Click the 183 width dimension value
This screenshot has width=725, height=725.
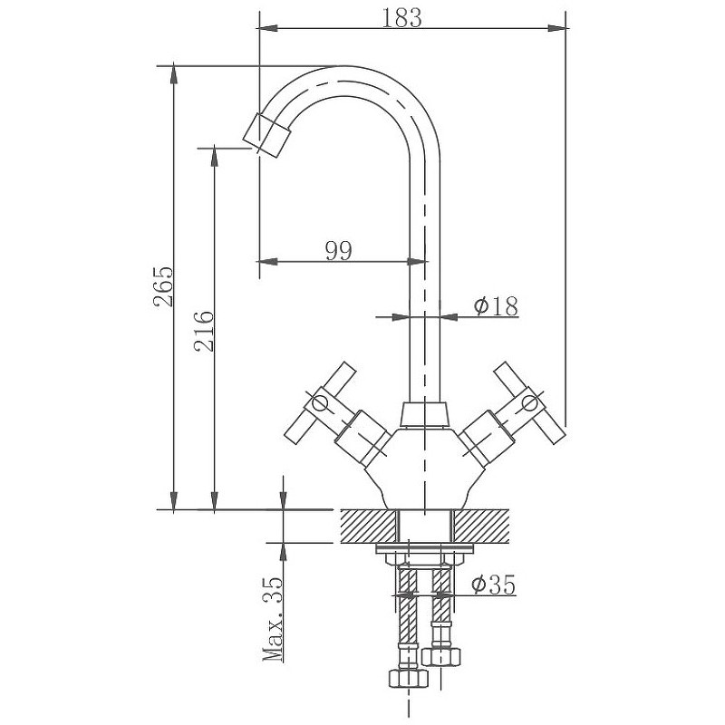click(401, 18)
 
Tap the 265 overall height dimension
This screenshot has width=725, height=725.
click(163, 286)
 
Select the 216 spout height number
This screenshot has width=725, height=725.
click(205, 332)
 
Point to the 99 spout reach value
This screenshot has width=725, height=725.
click(339, 251)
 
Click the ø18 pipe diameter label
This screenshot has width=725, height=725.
click(496, 305)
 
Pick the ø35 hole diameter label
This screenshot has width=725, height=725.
click(493, 585)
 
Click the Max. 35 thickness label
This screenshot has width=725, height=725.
click(273, 619)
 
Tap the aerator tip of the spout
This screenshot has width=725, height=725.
click(266, 134)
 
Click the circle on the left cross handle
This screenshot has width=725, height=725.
click(320, 404)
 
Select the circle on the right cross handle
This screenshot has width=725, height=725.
click(530, 403)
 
